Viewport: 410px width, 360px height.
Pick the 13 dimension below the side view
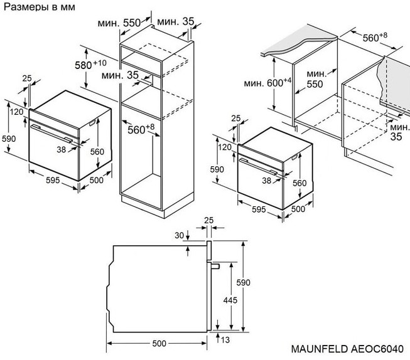(225, 339)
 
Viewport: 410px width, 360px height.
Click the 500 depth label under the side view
(159, 344)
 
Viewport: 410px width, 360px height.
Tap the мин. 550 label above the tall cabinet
(119, 23)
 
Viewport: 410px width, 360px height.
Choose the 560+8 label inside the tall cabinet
(141, 130)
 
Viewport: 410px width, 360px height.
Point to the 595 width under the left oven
(52, 180)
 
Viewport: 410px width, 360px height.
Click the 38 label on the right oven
(267, 180)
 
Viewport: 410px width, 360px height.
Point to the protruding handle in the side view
(215, 266)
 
